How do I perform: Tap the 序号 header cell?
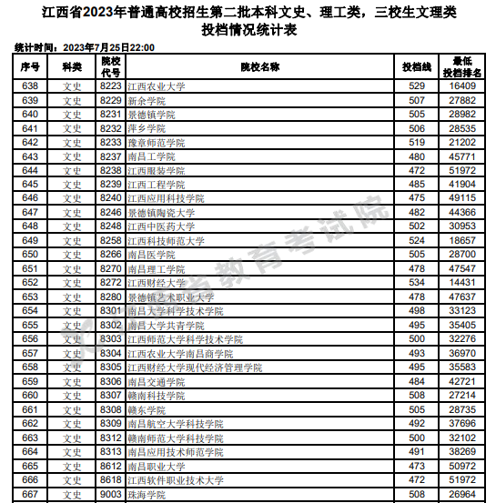(x=28, y=67)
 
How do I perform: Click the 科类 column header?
(x=73, y=67)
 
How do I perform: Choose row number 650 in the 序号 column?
(x=29, y=255)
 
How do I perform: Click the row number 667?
(x=29, y=495)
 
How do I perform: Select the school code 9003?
(x=111, y=495)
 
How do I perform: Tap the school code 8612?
(x=111, y=467)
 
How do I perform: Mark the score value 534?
(x=417, y=283)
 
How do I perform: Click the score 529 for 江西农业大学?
(x=417, y=86)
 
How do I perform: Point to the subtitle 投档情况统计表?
(x=248, y=29)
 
